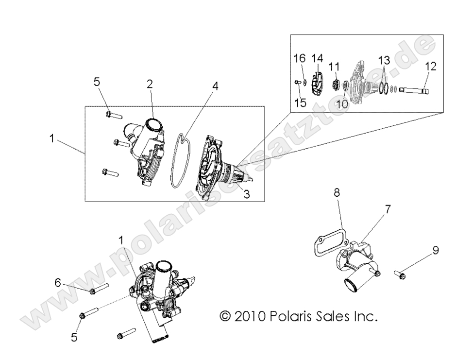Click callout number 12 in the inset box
coord(430,66)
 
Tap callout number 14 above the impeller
coord(317,58)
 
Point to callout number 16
coord(299,58)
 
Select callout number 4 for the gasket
coord(215,86)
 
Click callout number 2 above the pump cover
coord(150,84)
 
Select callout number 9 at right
coord(436,250)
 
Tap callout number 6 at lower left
coord(58,282)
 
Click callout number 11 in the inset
coord(333,66)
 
